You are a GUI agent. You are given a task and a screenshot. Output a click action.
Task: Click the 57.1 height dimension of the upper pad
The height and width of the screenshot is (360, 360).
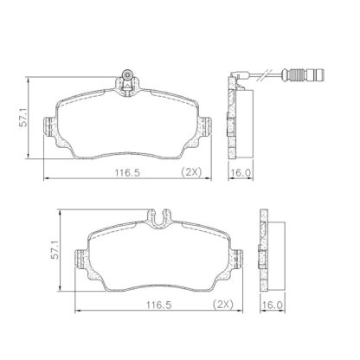click(23, 117)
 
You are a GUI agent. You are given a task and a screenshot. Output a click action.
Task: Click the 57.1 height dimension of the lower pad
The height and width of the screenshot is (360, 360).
click(55, 250)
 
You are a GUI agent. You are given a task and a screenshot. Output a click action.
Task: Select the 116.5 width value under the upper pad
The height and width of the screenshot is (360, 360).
click(127, 173)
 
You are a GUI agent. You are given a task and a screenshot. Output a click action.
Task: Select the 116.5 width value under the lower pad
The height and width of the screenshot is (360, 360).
click(159, 305)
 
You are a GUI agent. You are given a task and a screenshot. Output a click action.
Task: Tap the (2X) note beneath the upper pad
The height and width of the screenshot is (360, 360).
click(191, 172)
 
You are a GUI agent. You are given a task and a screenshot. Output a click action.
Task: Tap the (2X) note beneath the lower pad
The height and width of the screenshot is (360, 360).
click(223, 305)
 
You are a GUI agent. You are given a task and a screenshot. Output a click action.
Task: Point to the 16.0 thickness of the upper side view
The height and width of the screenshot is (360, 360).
click(241, 173)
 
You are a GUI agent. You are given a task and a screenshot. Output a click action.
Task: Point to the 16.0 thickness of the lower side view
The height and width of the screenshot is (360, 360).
click(273, 305)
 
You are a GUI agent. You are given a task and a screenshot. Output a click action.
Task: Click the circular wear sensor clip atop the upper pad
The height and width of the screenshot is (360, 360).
click(127, 74)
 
